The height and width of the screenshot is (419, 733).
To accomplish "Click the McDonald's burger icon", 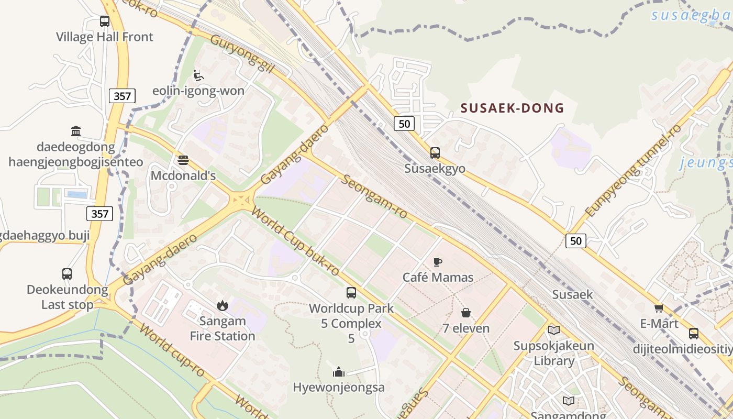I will pyautogui.click(x=183, y=160).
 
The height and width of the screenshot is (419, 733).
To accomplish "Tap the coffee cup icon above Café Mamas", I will pyautogui.click(x=438, y=262).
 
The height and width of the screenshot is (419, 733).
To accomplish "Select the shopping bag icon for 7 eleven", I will pyautogui.click(x=465, y=313).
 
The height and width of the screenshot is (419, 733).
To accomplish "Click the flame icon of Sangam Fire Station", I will pyautogui.click(x=223, y=305).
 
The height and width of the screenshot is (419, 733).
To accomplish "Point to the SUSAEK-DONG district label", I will pyautogui.click(x=512, y=108).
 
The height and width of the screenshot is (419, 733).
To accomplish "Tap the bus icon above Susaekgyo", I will pyautogui.click(x=435, y=153).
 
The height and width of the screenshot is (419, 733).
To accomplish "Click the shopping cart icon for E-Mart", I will pyautogui.click(x=659, y=308).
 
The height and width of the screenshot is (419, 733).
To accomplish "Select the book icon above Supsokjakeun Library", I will pyautogui.click(x=553, y=330).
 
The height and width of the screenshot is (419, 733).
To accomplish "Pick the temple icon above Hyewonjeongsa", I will pyautogui.click(x=338, y=372).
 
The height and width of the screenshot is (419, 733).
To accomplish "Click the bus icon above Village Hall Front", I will pyautogui.click(x=105, y=21).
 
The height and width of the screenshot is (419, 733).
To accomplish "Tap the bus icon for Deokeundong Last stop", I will pyautogui.click(x=67, y=273).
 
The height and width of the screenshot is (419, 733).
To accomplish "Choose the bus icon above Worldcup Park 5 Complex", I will pyautogui.click(x=351, y=293).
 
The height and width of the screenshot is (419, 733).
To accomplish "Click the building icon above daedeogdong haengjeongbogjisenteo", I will pyautogui.click(x=76, y=131).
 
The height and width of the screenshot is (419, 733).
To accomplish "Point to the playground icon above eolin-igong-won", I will pyautogui.click(x=198, y=75).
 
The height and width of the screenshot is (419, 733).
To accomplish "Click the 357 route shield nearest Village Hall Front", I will pyautogui.click(x=123, y=96).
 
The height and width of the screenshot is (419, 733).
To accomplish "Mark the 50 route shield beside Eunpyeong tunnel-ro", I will pyautogui.click(x=576, y=241).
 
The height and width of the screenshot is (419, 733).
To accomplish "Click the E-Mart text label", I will pyautogui.click(x=659, y=324).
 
